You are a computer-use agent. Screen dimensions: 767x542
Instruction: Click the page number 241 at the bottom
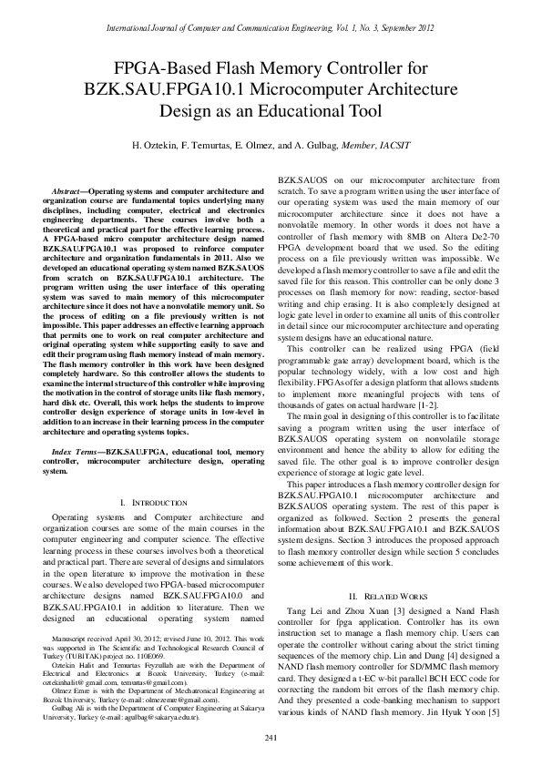click(271, 736)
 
